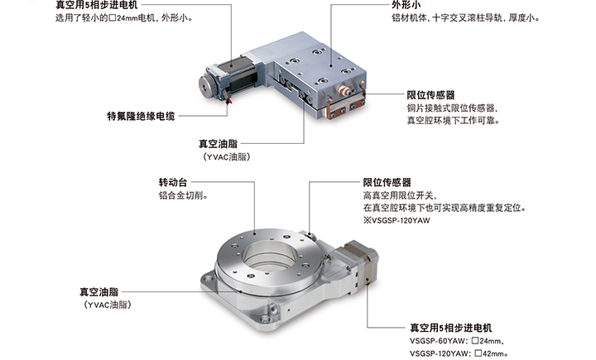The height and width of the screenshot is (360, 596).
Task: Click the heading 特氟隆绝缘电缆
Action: pos(141,116)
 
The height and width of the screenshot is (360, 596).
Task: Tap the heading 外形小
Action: pos(406,5)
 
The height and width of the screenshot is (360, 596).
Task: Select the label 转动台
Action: pos(173,182)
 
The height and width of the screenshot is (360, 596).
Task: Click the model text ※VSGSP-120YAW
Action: pos(397,220)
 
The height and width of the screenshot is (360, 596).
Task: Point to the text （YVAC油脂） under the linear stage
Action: pos(227,156)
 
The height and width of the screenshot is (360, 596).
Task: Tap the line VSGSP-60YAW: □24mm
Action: pos(456,341)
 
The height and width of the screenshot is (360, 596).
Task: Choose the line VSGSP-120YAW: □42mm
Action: pos(459,353)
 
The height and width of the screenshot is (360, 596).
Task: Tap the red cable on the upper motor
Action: pos(228,99)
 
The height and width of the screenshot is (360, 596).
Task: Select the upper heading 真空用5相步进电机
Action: pos(97,5)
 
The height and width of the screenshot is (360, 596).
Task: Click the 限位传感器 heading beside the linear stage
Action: pos(430,95)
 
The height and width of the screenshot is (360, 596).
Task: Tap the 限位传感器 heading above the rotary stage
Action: pos(387,182)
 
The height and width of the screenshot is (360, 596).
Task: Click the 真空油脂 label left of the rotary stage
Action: pos(99,292)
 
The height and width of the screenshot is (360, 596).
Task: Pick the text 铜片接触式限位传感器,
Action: pos(452,108)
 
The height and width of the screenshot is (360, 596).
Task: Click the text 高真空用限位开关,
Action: pos(400,196)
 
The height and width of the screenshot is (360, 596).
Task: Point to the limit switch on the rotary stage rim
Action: pos(310,236)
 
